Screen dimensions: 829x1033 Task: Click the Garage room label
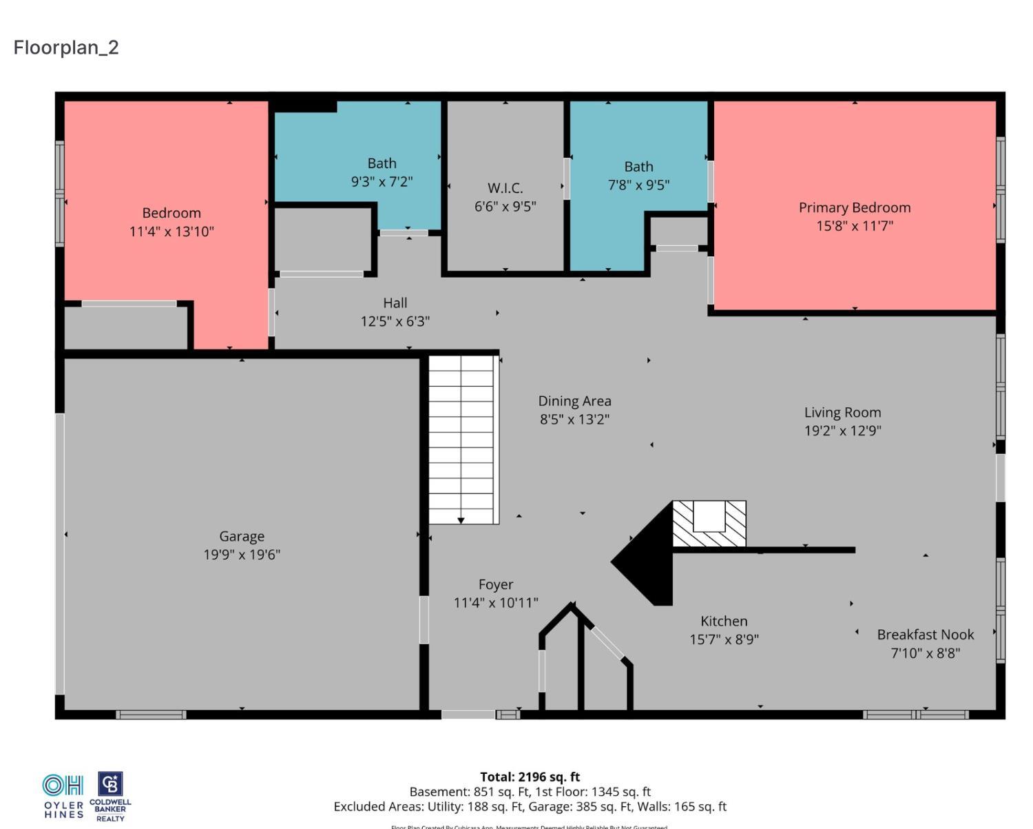(x=241, y=536)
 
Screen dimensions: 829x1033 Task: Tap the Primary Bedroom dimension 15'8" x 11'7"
(x=855, y=225)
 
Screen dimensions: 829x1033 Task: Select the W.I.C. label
(x=505, y=187)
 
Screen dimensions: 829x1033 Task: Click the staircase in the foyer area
(x=461, y=439)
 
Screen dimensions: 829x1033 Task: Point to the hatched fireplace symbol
(x=709, y=524)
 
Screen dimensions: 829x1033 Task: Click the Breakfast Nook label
(x=925, y=635)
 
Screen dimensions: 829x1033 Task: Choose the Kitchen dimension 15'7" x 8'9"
(x=724, y=639)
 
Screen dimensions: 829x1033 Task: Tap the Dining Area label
(x=574, y=401)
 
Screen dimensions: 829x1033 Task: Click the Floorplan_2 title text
(x=66, y=48)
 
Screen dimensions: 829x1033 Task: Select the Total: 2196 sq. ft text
(x=530, y=777)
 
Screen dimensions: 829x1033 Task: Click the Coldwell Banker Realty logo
(x=110, y=796)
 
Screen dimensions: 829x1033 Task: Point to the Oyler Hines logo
(x=63, y=796)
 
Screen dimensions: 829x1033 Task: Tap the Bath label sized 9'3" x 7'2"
(x=382, y=163)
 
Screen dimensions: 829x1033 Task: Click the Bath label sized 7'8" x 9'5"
(x=638, y=167)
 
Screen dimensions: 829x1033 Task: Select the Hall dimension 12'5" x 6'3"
(x=395, y=321)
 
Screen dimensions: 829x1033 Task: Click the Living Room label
(x=842, y=412)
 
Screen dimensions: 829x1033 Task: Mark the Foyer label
(x=496, y=584)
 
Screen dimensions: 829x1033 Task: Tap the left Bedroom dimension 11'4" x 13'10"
(x=171, y=232)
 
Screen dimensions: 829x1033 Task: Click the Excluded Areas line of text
(x=530, y=806)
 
